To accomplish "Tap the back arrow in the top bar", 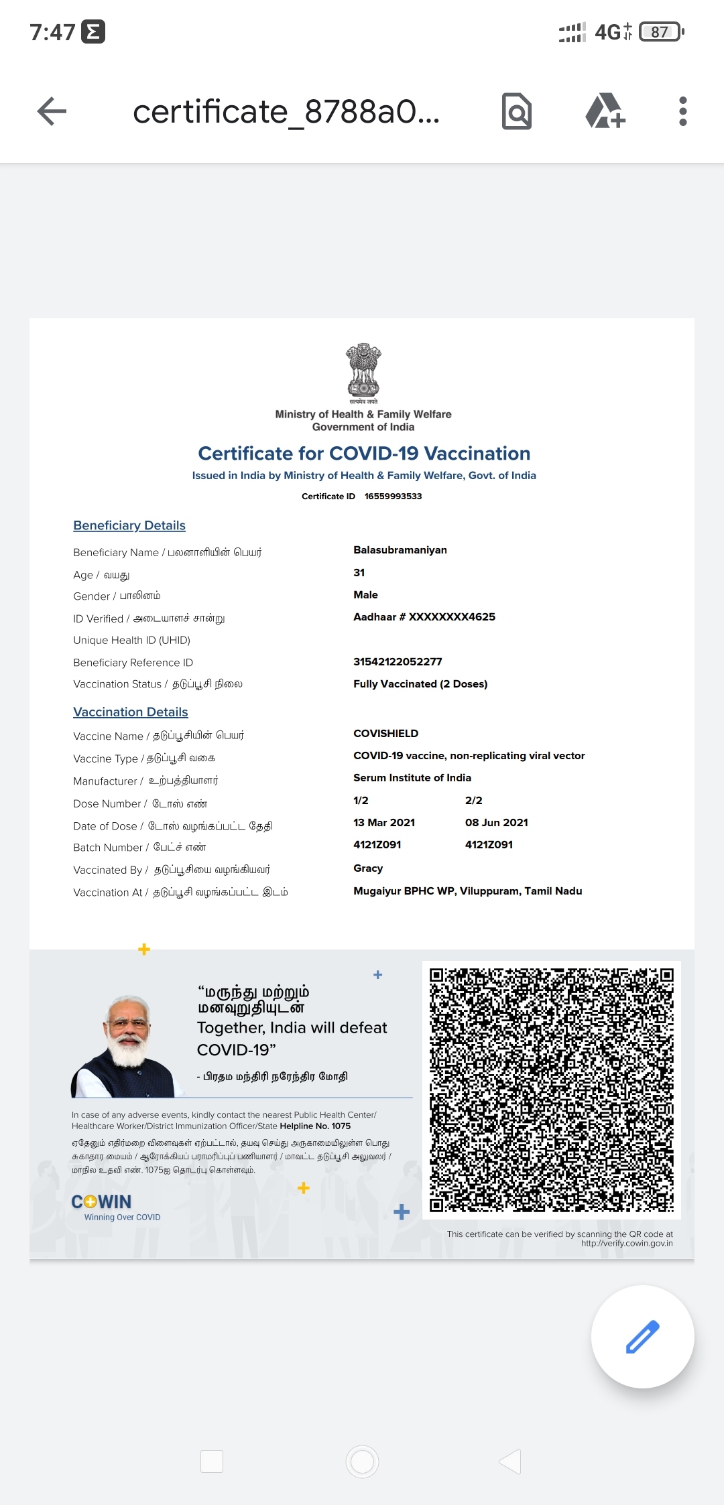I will (x=52, y=111).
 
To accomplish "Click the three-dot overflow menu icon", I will (x=682, y=111).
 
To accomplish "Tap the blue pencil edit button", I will (x=642, y=1336).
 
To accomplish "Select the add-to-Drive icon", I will (x=605, y=111).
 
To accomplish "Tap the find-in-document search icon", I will (x=517, y=111).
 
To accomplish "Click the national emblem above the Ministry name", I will (x=363, y=373).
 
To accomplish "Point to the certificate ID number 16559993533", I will (x=393, y=497).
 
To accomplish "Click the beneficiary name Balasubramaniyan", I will (x=400, y=550).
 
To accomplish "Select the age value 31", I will (x=359, y=573).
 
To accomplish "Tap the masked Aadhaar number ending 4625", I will (x=424, y=617).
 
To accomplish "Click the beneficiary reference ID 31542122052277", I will (x=398, y=662).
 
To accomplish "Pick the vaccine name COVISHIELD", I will (x=385, y=734).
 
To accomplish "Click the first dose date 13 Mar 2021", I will (x=384, y=823).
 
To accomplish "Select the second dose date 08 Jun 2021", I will (x=497, y=823).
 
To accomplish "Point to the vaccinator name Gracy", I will (x=368, y=868).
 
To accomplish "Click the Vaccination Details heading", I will (x=131, y=712).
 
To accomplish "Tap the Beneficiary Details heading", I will (x=129, y=526).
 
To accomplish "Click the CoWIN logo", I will (x=102, y=1202).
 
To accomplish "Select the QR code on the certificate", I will (x=551, y=1090).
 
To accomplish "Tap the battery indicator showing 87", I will (x=661, y=32).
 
